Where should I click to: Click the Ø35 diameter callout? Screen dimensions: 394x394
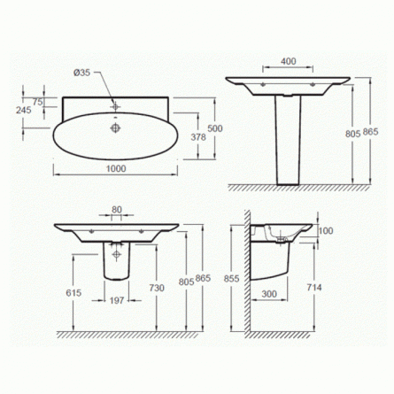coord(81,73)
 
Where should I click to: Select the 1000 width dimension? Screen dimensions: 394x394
coord(116,168)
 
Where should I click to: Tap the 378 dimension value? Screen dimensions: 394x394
coord(198,137)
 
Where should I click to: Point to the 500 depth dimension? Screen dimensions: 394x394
coord(215,128)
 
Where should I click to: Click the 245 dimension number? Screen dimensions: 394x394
coord(24,110)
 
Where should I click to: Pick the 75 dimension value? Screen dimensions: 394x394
coord(38,102)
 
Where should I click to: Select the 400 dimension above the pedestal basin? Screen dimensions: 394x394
coord(288,61)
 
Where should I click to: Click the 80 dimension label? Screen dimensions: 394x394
coord(117,210)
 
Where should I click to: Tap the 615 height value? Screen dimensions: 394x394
coord(73,293)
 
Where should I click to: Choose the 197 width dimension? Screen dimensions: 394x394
coord(117,301)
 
